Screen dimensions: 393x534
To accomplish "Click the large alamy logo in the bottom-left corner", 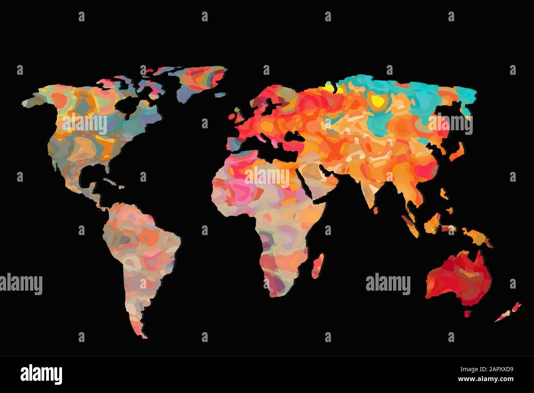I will click(x=41, y=375).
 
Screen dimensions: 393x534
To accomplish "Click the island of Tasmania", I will click(x=467, y=313).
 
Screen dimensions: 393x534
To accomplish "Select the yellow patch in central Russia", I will click(x=376, y=101).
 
